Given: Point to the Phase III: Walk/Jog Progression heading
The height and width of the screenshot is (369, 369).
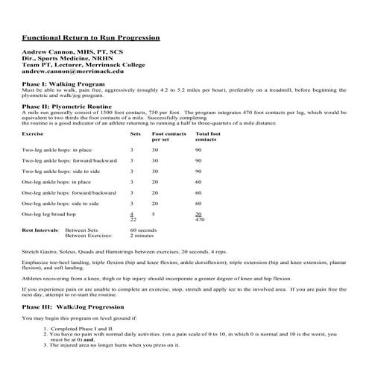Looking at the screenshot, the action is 73,306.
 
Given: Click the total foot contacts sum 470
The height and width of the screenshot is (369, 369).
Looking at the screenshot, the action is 199,220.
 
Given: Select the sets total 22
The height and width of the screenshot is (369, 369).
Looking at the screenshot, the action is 133,220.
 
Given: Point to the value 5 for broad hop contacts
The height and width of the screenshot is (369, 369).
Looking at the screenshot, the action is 154,213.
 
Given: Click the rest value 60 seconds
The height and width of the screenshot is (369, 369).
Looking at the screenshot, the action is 142,230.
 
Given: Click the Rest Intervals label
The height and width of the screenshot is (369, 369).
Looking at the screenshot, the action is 37,230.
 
